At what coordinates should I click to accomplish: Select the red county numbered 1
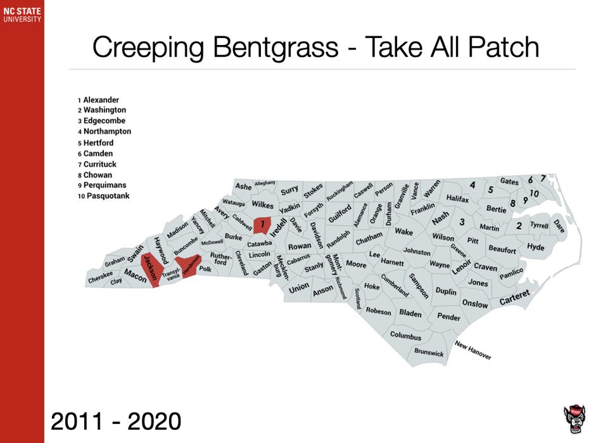point(262,223)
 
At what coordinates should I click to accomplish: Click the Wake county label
point(404,232)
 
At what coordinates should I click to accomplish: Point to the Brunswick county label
point(429,352)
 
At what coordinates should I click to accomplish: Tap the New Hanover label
point(473,350)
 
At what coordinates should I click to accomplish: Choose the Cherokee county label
point(100,277)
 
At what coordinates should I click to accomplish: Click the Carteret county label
point(514,297)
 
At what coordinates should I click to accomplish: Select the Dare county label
point(559,225)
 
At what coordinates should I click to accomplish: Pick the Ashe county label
point(243,187)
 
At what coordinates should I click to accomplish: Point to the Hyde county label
point(535,247)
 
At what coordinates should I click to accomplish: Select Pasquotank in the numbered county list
point(106,196)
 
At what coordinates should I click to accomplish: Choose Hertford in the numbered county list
point(98,143)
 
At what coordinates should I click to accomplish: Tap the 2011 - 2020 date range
point(116,421)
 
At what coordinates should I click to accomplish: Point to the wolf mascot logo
point(574,420)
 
